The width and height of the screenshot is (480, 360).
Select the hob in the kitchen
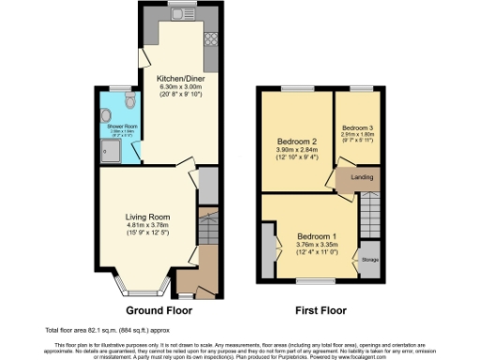pos(211,40)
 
